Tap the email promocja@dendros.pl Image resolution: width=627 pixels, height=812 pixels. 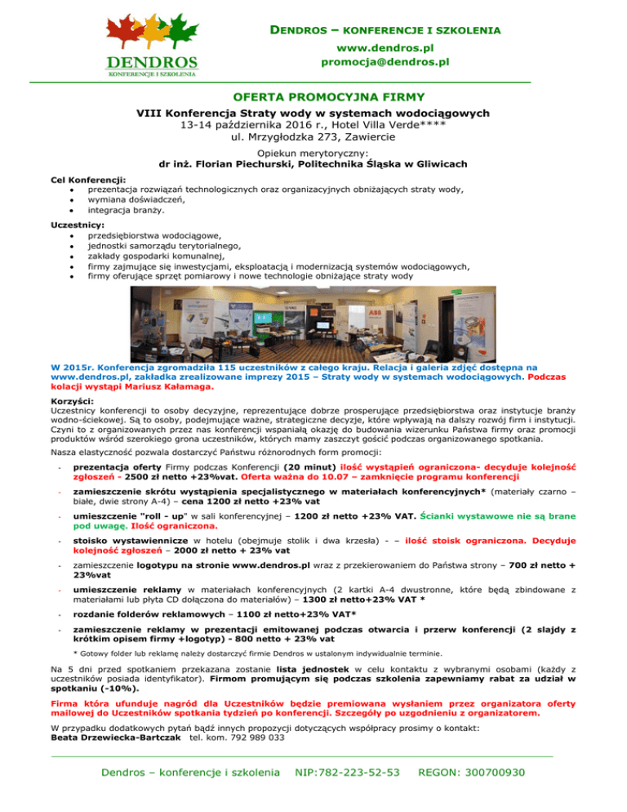coord(385,61)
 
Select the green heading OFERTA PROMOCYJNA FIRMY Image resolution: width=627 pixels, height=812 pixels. coord(313,97)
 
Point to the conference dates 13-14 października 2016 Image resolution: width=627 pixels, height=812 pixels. coord(245,125)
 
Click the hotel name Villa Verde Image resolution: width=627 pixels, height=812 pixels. coord(396,125)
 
